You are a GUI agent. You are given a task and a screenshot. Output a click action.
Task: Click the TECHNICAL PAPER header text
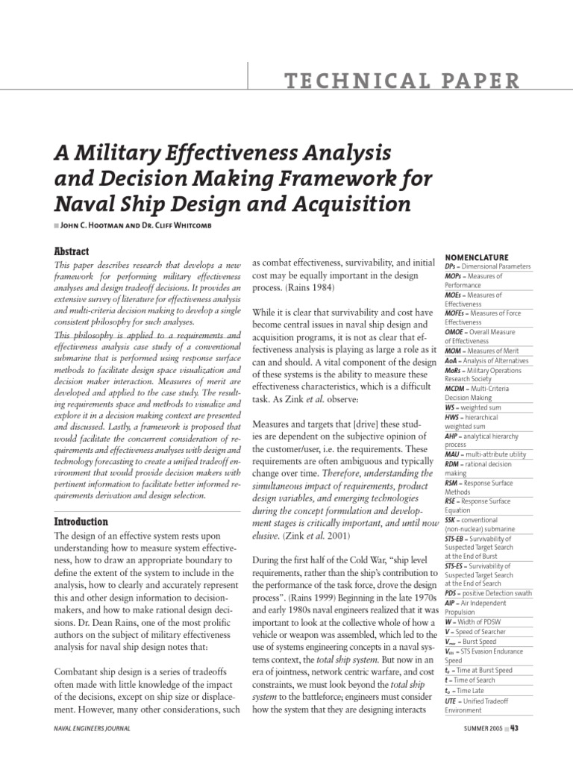coord(391,80)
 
